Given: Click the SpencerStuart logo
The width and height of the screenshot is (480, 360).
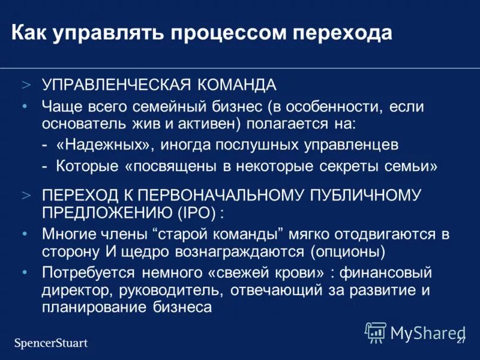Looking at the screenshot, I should click(x=51, y=343).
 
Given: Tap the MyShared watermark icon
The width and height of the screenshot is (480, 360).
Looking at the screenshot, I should click(x=376, y=332).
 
